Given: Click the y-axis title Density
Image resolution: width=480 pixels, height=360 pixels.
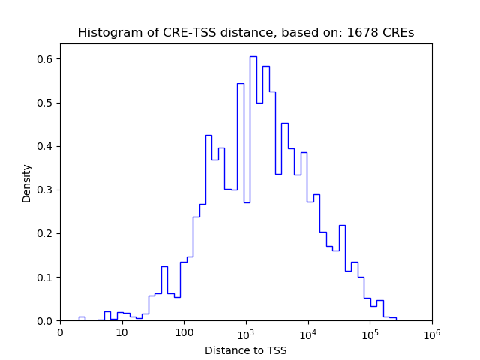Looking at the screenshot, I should (x=27, y=182).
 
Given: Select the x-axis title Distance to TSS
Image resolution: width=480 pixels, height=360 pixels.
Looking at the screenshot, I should (x=246, y=349).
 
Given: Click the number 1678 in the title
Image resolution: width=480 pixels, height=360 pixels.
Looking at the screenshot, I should (x=360, y=33).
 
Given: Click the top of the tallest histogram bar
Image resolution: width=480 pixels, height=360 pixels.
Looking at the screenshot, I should (x=253, y=56).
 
